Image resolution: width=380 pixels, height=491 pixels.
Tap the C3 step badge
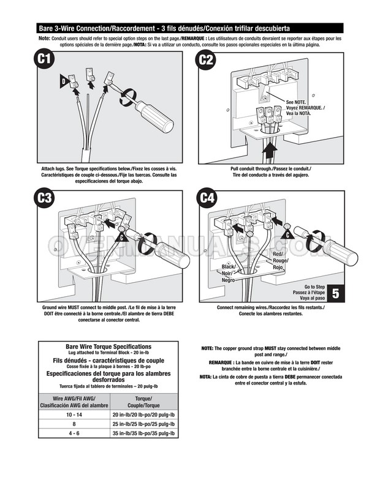[x=44, y=199]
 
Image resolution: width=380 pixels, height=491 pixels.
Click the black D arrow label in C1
[x=63, y=80]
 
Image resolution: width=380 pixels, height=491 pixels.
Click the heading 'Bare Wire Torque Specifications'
[x=108, y=347]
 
